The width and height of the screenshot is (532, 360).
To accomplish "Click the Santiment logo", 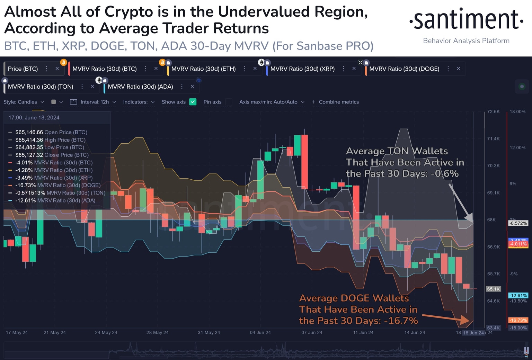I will pyautogui.click(x=466, y=20).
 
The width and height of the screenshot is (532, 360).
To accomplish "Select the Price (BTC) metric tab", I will pyautogui.click(x=23, y=69).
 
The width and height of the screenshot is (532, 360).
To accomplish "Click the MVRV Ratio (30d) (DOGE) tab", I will pyautogui.click(x=404, y=69).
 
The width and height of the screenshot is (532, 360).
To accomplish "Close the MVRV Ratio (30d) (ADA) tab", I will pyautogui.click(x=192, y=87).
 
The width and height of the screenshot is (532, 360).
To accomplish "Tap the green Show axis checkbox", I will pyautogui.click(x=193, y=102).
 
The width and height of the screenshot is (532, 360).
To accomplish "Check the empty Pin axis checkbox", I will pyautogui.click(x=229, y=102).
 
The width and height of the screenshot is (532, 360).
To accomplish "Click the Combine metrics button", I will pyautogui.click(x=335, y=102).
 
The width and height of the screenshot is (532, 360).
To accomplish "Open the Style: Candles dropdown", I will pyautogui.click(x=24, y=102).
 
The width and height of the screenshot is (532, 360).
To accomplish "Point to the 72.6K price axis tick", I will pyautogui.click(x=493, y=111).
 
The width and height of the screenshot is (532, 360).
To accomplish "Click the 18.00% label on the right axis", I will pyautogui.click(x=517, y=111).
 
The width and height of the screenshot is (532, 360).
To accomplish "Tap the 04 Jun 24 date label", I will pyautogui.click(x=260, y=333).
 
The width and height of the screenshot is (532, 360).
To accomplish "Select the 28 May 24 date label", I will pyautogui.click(x=157, y=333).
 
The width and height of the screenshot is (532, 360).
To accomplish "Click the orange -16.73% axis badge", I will pyautogui.click(x=518, y=320).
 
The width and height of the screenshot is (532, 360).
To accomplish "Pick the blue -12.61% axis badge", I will pyautogui.click(x=518, y=295).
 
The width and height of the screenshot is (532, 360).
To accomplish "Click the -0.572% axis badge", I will pyautogui.click(x=518, y=223).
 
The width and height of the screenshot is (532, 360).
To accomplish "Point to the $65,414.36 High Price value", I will pyautogui.click(x=29, y=140).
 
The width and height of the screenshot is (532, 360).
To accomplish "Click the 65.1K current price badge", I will pyautogui.click(x=493, y=289).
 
